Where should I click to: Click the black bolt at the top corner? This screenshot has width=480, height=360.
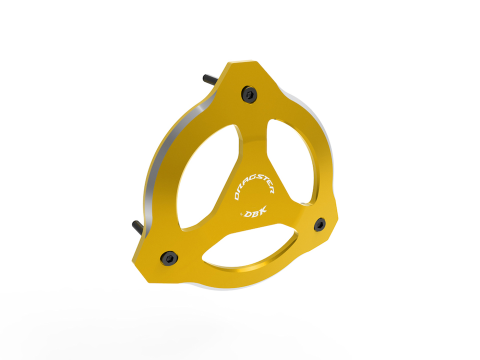(249, 94)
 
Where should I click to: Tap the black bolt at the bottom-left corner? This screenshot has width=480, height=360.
(169, 258)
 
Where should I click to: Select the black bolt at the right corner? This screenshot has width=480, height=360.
(320, 224)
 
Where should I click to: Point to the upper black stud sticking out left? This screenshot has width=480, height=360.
(210, 79)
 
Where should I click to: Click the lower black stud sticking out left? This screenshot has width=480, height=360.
(137, 227)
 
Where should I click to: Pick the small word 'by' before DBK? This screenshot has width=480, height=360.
(240, 213)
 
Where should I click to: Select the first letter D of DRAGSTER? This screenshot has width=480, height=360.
(237, 195)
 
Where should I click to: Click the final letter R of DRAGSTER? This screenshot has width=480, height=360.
(271, 190)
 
